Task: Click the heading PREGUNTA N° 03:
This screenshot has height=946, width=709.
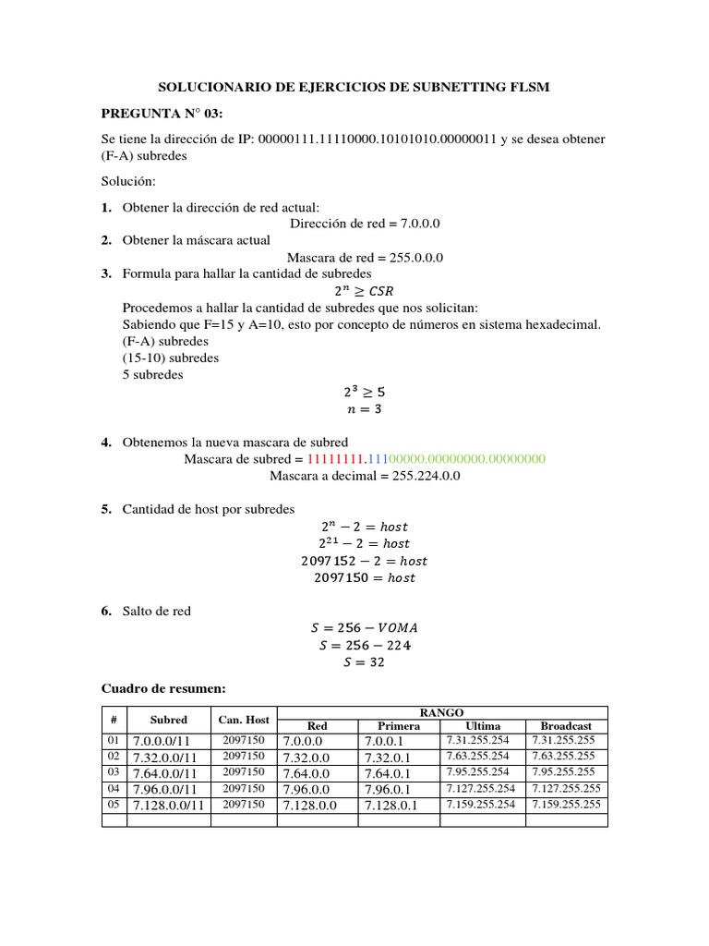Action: point(162,114)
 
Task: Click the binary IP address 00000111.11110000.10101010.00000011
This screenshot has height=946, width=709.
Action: point(378,139)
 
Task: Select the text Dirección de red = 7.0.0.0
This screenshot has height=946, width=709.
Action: point(365,224)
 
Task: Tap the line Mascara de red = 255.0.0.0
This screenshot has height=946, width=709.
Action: point(365,258)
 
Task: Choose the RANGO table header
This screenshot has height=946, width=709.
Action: point(442,712)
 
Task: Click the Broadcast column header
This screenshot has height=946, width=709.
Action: point(566,726)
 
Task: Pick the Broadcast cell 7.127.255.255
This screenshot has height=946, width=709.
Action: point(566,788)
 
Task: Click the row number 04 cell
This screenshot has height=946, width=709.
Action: point(113,788)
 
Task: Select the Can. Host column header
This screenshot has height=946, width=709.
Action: point(244,720)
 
